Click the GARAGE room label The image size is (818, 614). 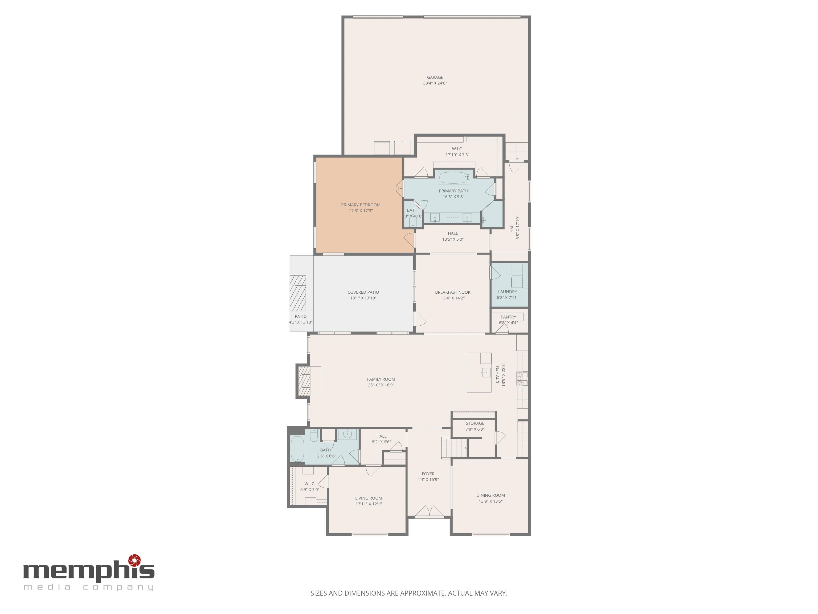coord(435,77)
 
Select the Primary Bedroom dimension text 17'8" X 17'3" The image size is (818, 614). coord(361,211)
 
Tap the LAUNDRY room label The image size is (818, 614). coord(507,292)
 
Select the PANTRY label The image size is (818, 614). coord(508,317)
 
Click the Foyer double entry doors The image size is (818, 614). coord(429,511)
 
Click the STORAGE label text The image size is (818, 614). coord(475,423)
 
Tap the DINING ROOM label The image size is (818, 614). coord(490,495)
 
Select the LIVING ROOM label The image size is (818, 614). coord(369,498)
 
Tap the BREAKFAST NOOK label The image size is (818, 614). coord(453,292)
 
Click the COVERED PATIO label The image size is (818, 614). coord(363,292)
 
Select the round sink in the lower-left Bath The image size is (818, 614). coord(347,434)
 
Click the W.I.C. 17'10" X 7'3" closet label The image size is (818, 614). coord(457,149)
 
